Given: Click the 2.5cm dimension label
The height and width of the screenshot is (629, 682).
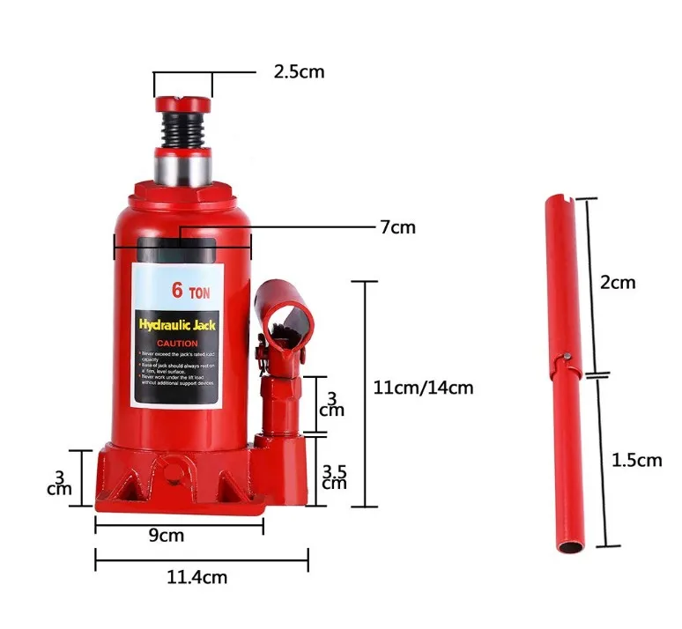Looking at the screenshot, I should [x=299, y=71].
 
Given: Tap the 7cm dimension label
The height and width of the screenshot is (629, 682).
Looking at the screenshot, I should [x=397, y=227].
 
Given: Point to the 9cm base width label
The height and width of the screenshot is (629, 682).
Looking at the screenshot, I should [x=166, y=535].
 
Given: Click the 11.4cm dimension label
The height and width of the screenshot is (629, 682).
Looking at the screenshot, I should [x=196, y=577].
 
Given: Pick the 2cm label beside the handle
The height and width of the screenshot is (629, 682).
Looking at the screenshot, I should [x=617, y=283].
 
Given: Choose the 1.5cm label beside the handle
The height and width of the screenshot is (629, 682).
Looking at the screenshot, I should [x=636, y=459].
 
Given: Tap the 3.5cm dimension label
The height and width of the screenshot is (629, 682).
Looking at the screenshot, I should [x=334, y=476].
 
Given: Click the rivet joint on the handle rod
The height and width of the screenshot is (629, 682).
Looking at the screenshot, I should [x=566, y=357].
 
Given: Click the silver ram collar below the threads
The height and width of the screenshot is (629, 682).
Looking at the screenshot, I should [x=183, y=164].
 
